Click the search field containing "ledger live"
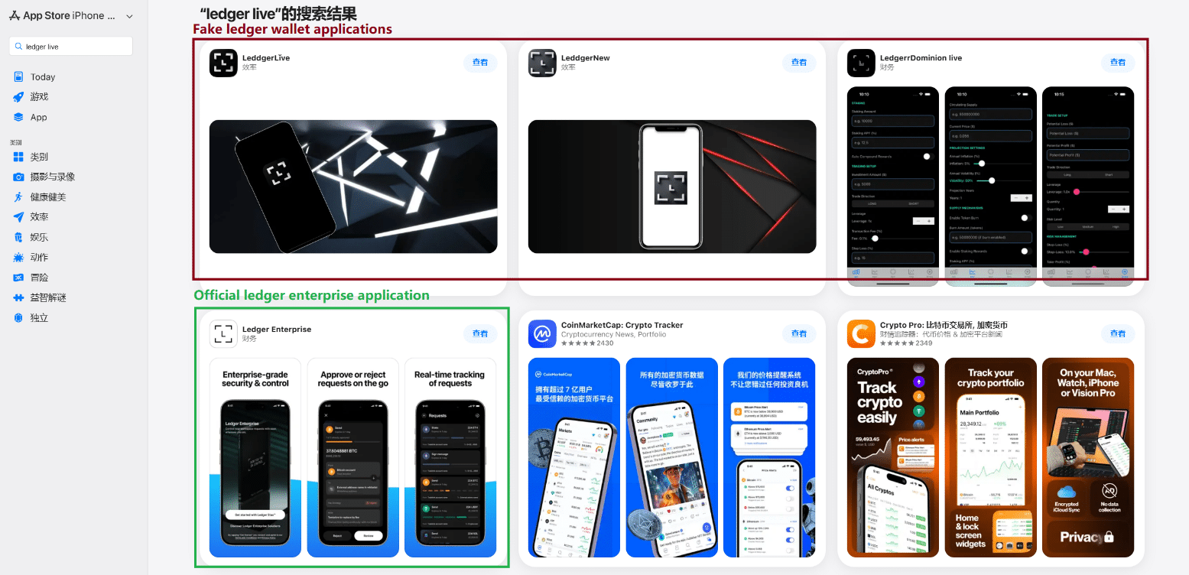click(70, 47)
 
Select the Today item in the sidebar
click(43, 77)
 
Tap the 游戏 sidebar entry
click(39, 97)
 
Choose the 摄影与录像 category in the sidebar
click(52, 177)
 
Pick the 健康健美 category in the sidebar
click(47, 197)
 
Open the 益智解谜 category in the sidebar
click(47, 297)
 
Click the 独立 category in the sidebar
click(39, 318)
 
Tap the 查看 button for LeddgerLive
click(480, 63)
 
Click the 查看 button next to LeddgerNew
click(799, 63)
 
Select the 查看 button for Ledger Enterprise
click(480, 333)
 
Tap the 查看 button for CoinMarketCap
click(799, 333)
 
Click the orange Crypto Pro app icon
click(861, 333)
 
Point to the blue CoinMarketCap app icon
click(542, 333)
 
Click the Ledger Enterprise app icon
click(223, 333)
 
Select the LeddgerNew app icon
click(542, 63)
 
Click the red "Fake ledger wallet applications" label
click(292, 29)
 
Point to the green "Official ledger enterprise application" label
click(311, 295)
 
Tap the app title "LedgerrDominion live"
click(921, 58)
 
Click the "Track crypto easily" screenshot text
click(879, 402)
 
